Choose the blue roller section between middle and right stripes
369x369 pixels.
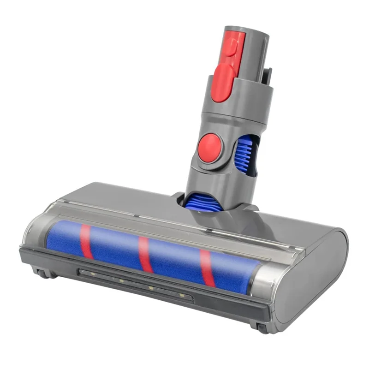coord(175,261)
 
